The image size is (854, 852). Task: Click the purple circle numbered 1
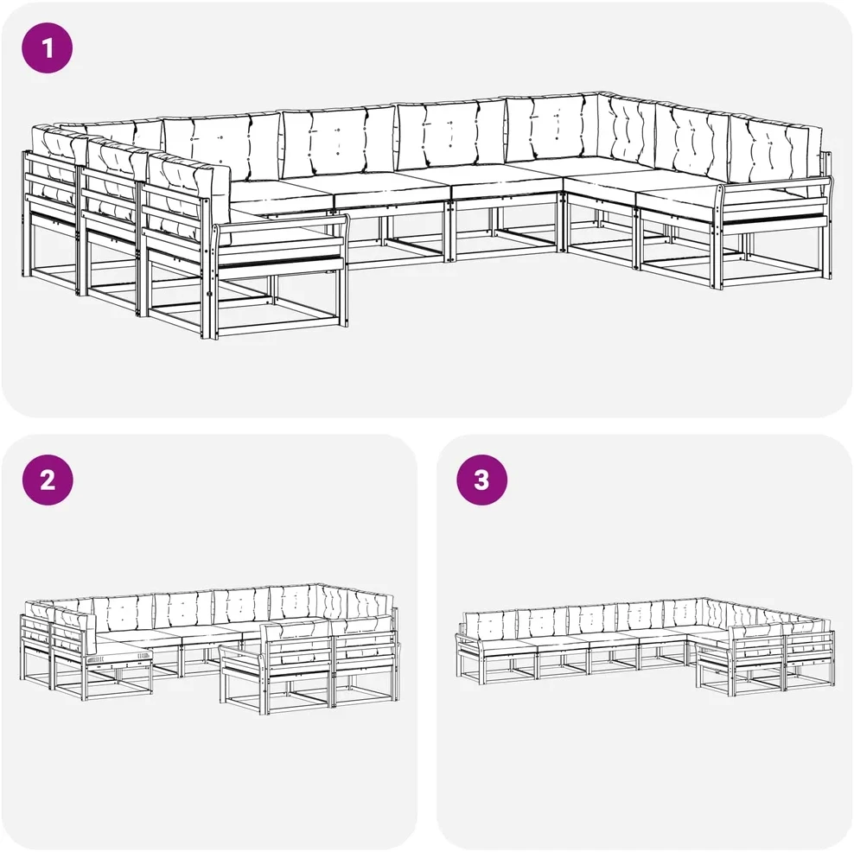(47, 48)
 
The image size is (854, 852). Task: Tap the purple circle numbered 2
(48, 480)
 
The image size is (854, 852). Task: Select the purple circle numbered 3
(481, 480)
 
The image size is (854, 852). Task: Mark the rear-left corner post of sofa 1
(24, 213)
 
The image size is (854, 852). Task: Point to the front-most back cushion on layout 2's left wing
(74, 631)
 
